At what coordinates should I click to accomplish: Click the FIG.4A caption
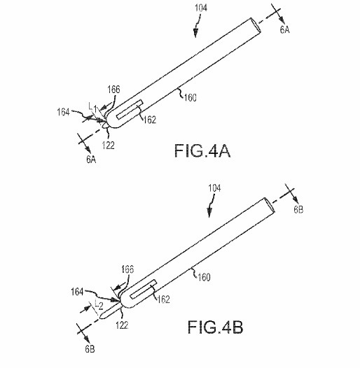[202, 150]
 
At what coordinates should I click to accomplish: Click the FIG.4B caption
[215, 327]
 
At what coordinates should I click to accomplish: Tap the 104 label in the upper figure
[201, 8]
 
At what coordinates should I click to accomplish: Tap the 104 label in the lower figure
[214, 188]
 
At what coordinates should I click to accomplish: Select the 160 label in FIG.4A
[191, 98]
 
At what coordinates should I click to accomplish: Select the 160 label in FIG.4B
[204, 277]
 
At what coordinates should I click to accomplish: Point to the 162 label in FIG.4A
[150, 120]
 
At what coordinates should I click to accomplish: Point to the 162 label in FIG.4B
[163, 299]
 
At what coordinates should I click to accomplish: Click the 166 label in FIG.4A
[114, 90]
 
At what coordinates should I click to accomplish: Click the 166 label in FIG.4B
[127, 269]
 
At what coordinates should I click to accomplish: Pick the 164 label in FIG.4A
[64, 112]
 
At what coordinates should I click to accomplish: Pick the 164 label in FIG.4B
[77, 292]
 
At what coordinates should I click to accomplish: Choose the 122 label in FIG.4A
[109, 146]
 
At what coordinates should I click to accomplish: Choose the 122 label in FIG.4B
[122, 325]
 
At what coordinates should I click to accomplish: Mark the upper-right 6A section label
[285, 30]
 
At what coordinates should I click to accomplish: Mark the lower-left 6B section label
[90, 349]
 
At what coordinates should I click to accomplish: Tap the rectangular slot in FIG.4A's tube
[130, 109]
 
